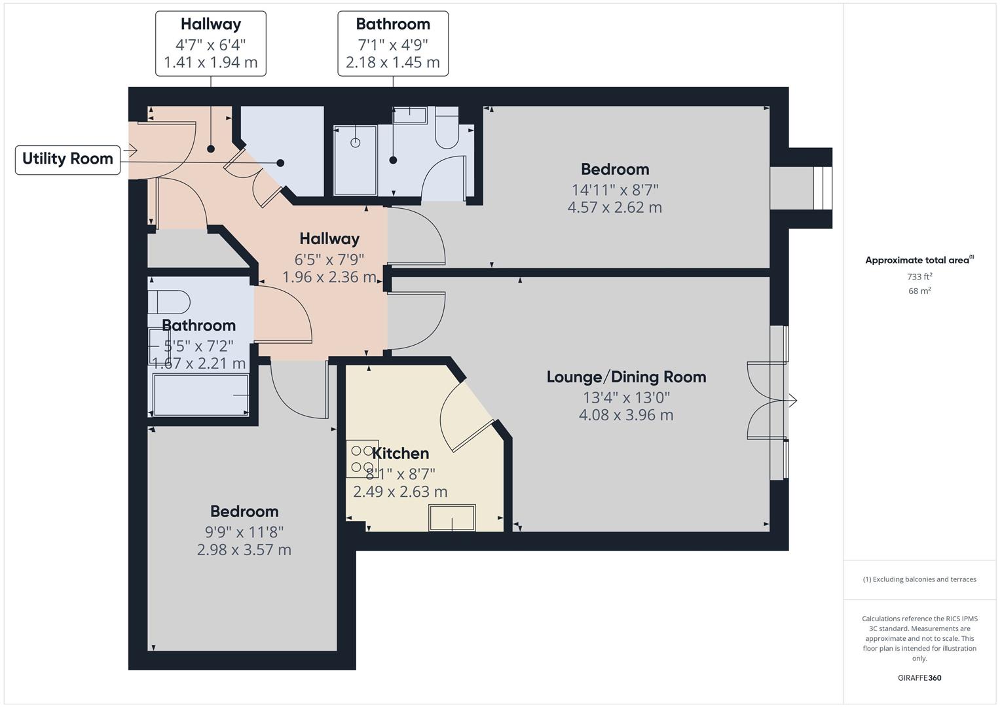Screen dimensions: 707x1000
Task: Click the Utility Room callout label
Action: [x=67, y=159]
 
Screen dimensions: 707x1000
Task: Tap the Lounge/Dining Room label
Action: [x=626, y=377]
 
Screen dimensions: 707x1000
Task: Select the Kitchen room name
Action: [x=400, y=453]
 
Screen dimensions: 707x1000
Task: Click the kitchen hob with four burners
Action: [x=362, y=458]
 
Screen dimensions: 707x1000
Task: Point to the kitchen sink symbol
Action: [x=452, y=517]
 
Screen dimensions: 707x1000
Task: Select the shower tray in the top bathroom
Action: [x=356, y=160]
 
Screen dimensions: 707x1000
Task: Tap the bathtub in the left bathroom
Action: [x=200, y=394]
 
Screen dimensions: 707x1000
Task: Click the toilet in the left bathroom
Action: [x=169, y=302]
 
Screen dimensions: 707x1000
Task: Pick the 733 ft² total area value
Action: [x=919, y=277]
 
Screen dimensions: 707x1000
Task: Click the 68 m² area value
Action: [x=919, y=291]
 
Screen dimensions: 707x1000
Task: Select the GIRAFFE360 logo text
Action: [x=919, y=678]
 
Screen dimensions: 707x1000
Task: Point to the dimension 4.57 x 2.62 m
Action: [x=614, y=208]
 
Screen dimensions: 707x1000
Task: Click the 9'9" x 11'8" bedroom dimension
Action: [x=244, y=532]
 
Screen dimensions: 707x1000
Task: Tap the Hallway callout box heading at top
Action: [x=211, y=24]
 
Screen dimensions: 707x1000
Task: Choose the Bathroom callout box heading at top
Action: [x=393, y=24]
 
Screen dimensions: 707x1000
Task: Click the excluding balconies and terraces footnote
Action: [x=919, y=579]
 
